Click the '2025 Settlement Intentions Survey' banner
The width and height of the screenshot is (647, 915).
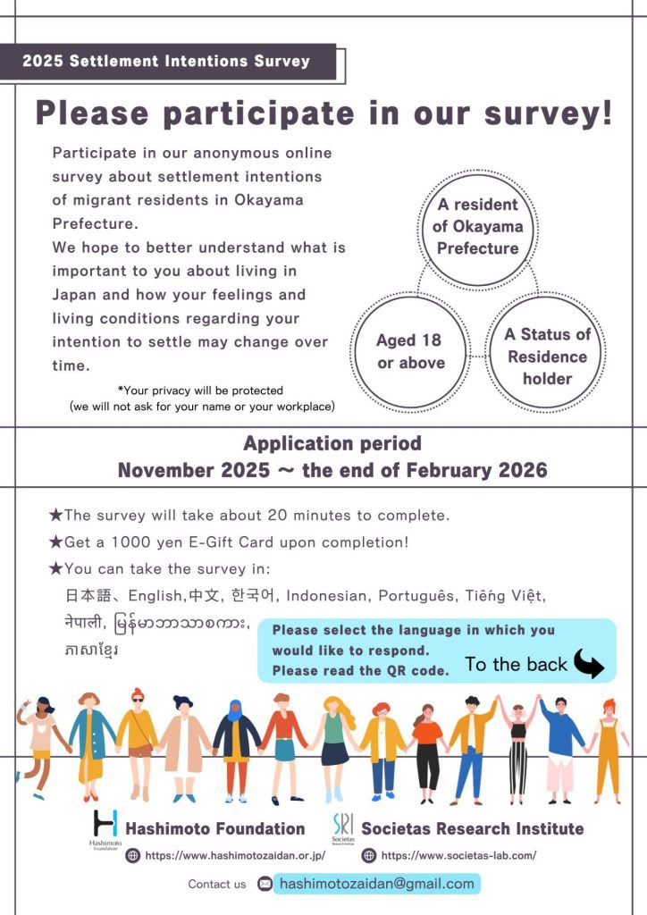tap(167, 62)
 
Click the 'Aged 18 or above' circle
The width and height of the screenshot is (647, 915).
tap(410, 351)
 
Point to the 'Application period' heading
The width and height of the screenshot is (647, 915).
tap(332, 443)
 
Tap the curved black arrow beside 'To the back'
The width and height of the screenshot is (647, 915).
tap(588, 663)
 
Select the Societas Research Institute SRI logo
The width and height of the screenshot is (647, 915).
tap(342, 827)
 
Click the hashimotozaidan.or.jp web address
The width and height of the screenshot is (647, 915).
tap(235, 855)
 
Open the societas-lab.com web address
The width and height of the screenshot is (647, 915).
tap(458, 855)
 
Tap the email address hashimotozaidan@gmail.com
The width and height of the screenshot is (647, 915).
tap(376, 884)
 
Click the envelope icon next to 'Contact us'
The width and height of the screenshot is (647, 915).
tap(265, 884)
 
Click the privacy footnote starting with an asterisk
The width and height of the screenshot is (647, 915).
tap(201, 399)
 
